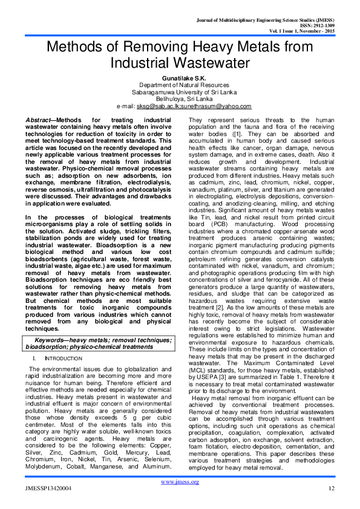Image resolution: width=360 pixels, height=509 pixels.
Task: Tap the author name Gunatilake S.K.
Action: (180, 78)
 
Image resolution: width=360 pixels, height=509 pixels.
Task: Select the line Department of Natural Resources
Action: (180, 85)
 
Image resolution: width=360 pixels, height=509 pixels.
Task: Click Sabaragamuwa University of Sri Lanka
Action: (180, 92)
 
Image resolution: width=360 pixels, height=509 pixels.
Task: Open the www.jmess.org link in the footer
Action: (180, 482)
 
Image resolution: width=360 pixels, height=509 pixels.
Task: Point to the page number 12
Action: (331, 488)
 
